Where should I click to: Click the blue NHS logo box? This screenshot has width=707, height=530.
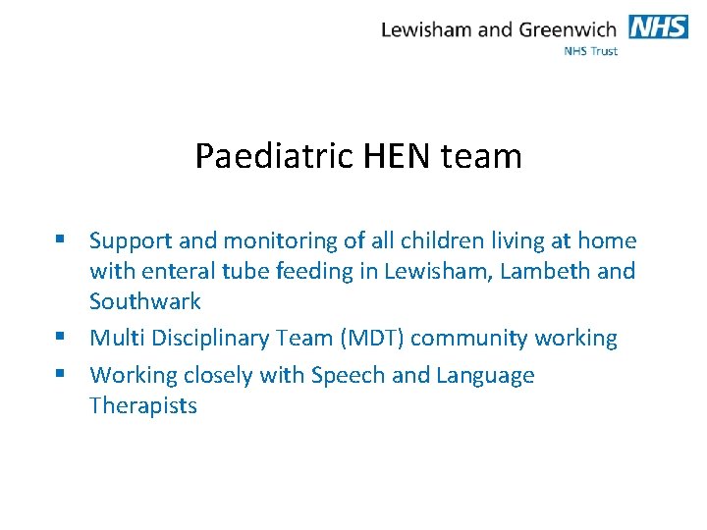coord(658,26)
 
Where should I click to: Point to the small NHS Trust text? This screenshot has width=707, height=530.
coord(591,51)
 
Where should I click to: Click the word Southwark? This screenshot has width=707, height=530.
coord(144,300)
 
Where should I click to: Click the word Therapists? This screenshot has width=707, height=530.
coord(143,405)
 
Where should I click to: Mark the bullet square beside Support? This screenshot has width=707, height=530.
coord(61,239)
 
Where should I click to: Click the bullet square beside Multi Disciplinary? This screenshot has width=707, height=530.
coord(61,338)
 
